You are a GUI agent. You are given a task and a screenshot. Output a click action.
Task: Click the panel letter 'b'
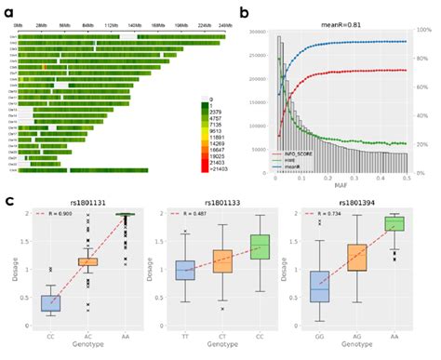click(245, 12)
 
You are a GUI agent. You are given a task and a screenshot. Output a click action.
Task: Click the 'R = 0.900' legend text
click(58, 215)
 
